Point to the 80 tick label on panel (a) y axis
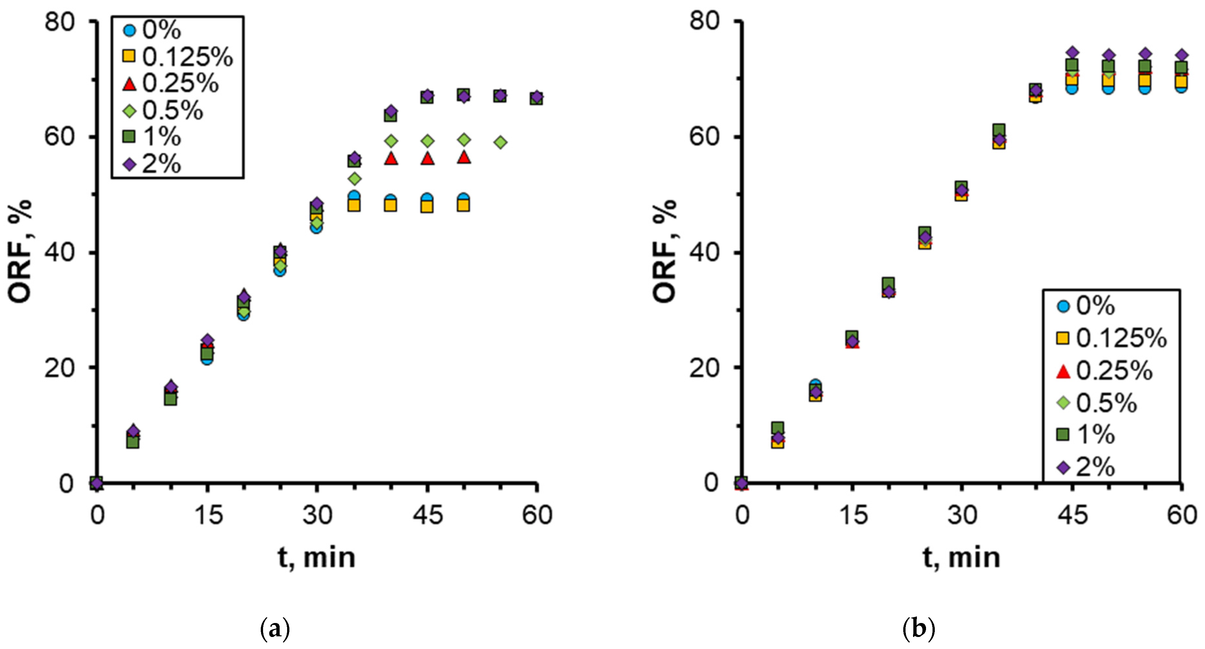60,21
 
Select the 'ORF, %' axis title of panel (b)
664,251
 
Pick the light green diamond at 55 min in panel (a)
500,142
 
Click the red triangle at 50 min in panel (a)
464,157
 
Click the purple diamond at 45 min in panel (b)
1072,52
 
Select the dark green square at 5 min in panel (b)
777,427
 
